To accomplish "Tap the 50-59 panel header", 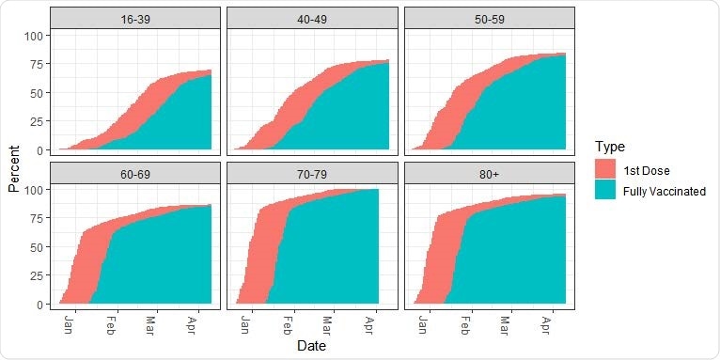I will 489,19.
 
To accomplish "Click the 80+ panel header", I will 489,173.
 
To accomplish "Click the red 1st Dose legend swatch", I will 605,168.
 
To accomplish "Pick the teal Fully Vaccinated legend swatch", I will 605,190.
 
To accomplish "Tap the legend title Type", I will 610,147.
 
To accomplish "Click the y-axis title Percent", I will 14,169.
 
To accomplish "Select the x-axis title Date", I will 311,346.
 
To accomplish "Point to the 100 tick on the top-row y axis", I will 35,36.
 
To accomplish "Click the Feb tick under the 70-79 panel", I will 288,323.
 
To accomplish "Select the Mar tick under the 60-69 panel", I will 151,323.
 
